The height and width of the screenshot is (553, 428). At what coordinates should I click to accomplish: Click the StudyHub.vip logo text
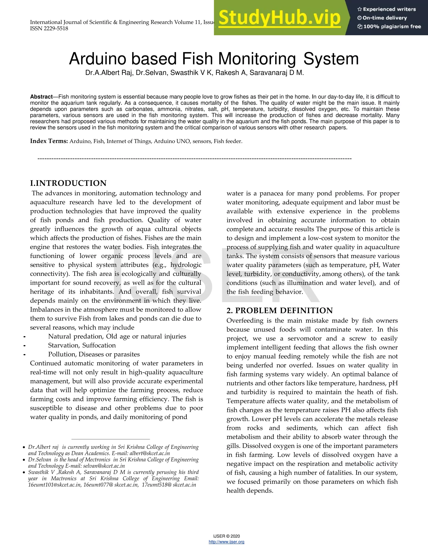click(x=279, y=18)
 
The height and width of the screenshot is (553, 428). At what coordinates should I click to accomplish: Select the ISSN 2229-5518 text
click(x=49, y=29)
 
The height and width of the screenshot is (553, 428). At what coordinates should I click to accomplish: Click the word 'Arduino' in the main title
click(x=97, y=59)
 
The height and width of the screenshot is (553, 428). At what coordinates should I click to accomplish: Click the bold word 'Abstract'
click(x=41, y=97)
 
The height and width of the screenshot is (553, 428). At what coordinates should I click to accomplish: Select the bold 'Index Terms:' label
click(x=49, y=141)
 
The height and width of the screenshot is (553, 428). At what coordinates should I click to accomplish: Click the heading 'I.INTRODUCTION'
click(x=68, y=183)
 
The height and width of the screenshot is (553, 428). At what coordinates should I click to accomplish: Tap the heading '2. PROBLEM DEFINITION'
click(x=279, y=311)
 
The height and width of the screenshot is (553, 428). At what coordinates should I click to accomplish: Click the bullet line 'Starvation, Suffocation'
click(x=82, y=345)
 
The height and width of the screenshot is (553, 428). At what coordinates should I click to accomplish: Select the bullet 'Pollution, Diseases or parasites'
click(x=94, y=354)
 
